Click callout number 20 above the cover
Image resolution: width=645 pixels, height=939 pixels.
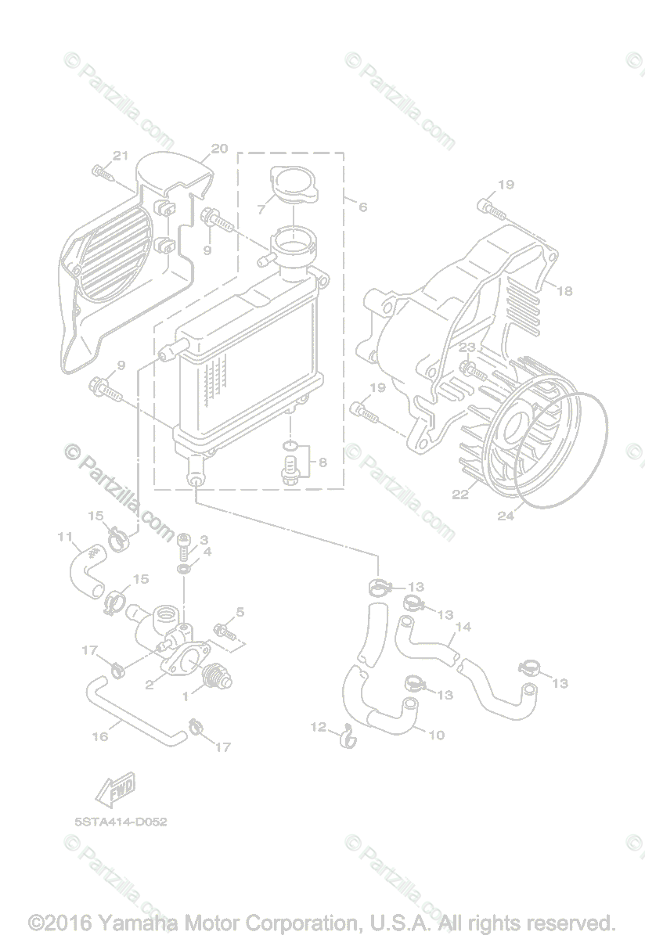click(x=219, y=148)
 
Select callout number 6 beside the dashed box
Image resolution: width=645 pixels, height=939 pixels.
click(x=362, y=207)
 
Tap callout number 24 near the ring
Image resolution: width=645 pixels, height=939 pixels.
click(x=506, y=516)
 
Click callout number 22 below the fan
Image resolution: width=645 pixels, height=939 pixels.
click(x=459, y=494)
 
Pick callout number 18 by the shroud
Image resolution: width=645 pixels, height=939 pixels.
click(x=564, y=290)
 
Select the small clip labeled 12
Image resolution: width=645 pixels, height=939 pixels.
click(x=347, y=736)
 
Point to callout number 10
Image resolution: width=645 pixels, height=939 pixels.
click(x=437, y=735)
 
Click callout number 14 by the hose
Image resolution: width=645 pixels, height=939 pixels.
click(x=463, y=627)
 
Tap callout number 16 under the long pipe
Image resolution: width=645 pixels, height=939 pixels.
click(x=100, y=736)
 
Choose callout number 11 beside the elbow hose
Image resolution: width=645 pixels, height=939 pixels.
click(x=66, y=537)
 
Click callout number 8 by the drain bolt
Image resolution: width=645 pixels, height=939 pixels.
click(x=322, y=462)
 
